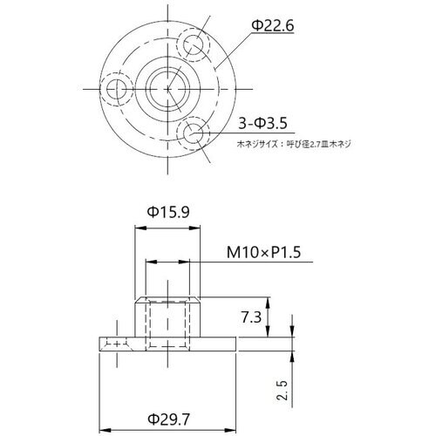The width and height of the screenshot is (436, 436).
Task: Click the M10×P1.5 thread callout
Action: coord(268,252)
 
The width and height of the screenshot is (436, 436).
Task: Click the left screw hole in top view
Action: coord(114,88)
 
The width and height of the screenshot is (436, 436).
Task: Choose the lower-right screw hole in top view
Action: coord(194,133)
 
